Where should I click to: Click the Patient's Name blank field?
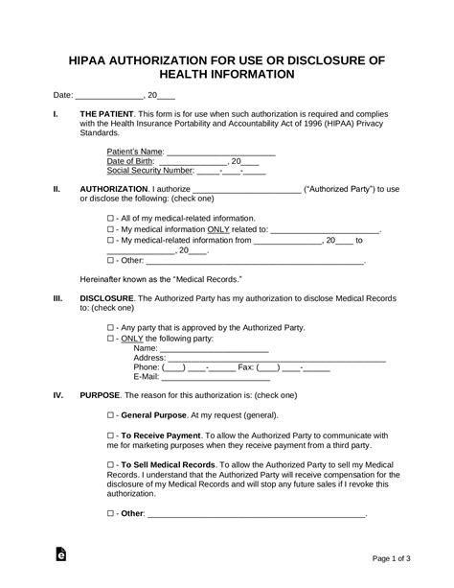pyautogui.click(x=221, y=151)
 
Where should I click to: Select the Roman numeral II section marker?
pyautogui.click(x=57, y=189)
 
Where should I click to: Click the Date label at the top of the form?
pyautogui.click(x=61, y=96)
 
